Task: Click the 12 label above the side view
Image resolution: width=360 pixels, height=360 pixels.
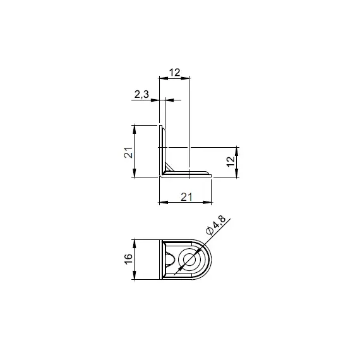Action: (174, 73)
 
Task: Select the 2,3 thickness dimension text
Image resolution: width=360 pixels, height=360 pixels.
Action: (141, 94)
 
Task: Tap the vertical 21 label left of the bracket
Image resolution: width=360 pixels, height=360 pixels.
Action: (128, 152)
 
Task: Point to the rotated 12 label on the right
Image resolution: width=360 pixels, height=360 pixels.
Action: (231, 162)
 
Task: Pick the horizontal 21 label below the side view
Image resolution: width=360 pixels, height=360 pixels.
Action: (186, 197)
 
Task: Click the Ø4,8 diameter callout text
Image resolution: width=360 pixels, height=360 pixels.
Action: (216, 225)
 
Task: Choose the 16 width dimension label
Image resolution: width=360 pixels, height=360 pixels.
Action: (128, 259)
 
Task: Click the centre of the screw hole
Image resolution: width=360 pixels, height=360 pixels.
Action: (189, 260)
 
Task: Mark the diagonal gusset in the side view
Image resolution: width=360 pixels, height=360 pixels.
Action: (169, 166)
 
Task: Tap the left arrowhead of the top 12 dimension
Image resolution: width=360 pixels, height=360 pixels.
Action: (163, 78)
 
